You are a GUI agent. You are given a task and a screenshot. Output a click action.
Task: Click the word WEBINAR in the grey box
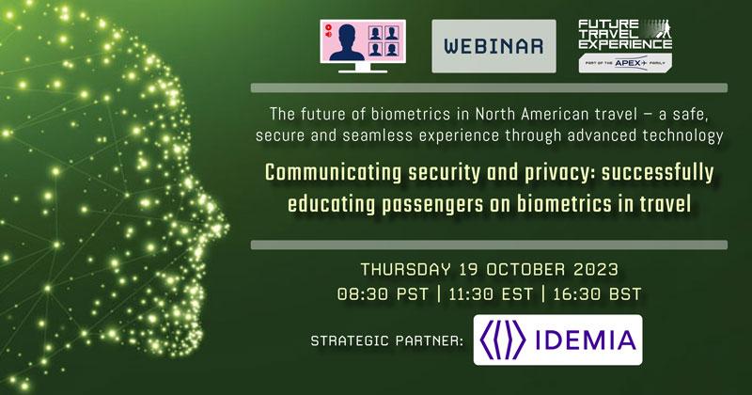coord(493,46)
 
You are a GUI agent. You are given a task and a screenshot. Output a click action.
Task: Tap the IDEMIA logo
coord(557,340)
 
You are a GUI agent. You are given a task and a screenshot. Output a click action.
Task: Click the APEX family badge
coord(625,63)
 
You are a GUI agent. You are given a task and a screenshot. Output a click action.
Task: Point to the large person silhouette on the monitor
coord(347,42)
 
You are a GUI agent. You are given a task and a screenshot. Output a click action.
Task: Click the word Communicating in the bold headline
coord(334,173)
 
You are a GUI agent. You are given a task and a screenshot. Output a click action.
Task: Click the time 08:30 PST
coord(383,293)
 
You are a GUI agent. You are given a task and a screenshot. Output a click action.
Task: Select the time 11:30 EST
coord(491,293)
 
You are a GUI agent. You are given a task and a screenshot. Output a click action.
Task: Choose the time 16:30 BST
coord(597,293)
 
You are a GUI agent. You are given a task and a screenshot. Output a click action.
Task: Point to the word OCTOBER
coord(525,269)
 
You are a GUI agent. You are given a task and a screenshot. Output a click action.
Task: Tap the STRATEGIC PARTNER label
coord(387,340)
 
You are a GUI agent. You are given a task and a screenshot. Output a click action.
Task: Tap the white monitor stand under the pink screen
coord(363,68)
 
